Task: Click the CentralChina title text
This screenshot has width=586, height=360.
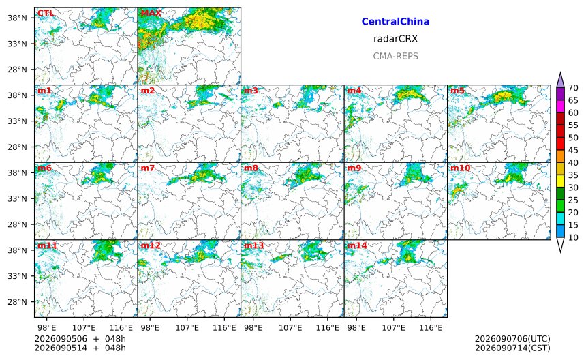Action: tap(395, 22)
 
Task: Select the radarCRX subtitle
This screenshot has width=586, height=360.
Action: tap(395, 39)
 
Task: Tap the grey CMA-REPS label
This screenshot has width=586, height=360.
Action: tap(395, 56)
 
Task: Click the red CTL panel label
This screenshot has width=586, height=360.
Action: tap(46, 13)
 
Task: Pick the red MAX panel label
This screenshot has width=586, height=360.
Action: tap(151, 13)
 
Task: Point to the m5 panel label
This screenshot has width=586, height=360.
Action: tap(457, 91)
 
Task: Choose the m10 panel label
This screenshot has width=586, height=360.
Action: tap(460, 168)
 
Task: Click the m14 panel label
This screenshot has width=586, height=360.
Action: tap(357, 245)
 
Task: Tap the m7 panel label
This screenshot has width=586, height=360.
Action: tap(148, 168)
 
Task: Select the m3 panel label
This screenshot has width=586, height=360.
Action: tap(251, 91)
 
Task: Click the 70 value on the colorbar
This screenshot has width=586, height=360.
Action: tap(573, 88)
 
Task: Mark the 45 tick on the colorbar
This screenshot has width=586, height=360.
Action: tap(573, 150)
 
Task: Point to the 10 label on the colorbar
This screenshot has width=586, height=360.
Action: tap(573, 237)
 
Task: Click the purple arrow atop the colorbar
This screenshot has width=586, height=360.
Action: tap(560, 80)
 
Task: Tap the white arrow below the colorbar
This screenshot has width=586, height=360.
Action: tap(560, 245)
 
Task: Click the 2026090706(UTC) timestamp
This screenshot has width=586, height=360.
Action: tap(512, 339)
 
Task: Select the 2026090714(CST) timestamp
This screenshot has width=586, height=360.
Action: tap(512, 348)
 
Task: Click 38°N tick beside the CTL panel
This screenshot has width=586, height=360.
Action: tap(18, 18)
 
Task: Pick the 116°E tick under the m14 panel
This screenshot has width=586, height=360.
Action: tap(431, 328)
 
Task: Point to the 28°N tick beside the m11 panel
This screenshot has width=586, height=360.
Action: tap(18, 302)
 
